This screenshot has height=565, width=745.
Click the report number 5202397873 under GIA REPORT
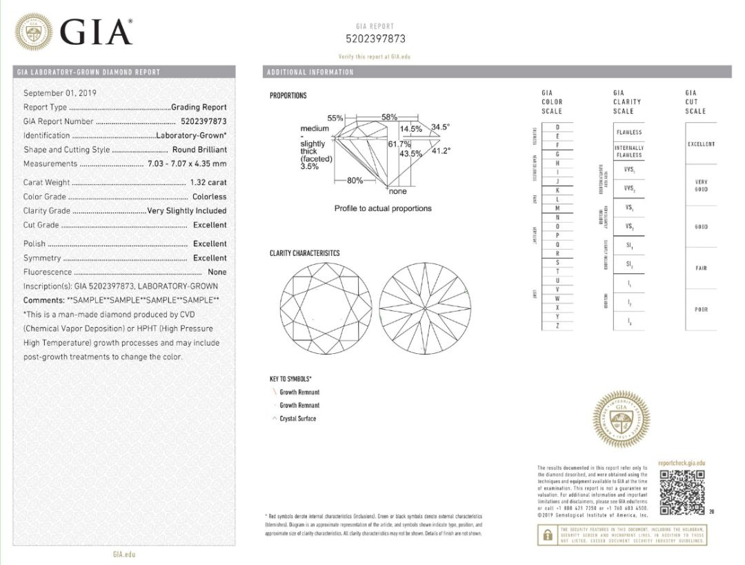(x=375, y=39)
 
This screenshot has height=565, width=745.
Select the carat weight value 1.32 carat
(x=208, y=183)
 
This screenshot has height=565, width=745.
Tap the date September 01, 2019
(x=60, y=93)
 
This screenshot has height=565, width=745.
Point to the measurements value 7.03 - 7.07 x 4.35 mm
(x=187, y=164)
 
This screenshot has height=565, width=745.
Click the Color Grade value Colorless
(x=209, y=197)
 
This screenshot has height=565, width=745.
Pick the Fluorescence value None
(x=217, y=272)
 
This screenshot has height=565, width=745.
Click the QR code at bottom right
(x=682, y=493)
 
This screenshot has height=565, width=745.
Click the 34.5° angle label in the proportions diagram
(x=440, y=127)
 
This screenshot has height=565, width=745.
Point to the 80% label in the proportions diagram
(x=355, y=181)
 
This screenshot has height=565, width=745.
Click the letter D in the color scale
(x=557, y=128)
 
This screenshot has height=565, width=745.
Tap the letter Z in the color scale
(x=557, y=326)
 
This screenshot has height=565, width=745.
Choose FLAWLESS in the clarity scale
(x=628, y=132)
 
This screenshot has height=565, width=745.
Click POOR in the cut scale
(x=701, y=310)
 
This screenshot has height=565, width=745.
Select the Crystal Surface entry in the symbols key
(x=297, y=419)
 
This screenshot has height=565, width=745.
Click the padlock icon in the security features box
(x=548, y=535)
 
